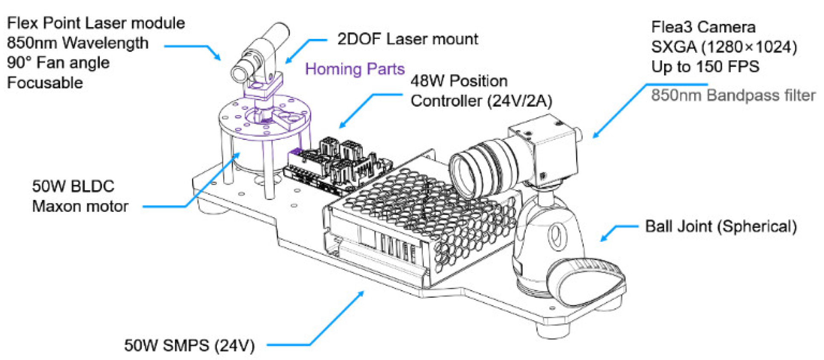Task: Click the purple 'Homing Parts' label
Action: (355, 69)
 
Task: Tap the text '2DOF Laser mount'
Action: (407, 39)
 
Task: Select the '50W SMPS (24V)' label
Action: (189, 345)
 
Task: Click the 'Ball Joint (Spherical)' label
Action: (720, 226)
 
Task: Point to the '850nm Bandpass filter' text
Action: (733, 95)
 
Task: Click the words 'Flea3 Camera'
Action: (703, 27)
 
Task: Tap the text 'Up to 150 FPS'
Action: (705, 67)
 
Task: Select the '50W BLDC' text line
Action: (73, 186)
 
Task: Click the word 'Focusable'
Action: (45, 82)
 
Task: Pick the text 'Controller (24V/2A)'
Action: (481, 101)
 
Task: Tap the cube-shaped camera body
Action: (550, 149)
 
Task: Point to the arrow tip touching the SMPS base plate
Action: (363, 292)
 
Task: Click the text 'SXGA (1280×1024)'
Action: (724, 47)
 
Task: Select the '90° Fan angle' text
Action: (58, 63)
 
